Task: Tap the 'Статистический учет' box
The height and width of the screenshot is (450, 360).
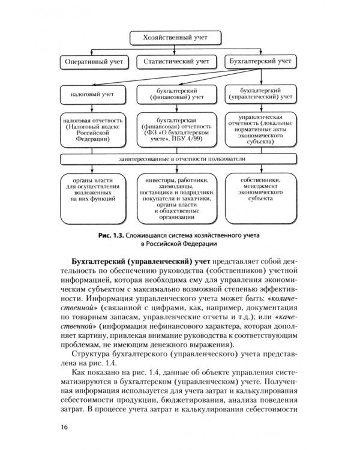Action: pyautogui.click(x=175, y=62)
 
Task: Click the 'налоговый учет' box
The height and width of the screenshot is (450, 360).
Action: pyautogui.click(x=91, y=94)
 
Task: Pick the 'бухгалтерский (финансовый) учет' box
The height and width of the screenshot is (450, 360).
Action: pyautogui.click(x=175, y=94)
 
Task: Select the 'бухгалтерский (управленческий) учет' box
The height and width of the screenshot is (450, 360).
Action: pyautogui.click(x=259, y=94)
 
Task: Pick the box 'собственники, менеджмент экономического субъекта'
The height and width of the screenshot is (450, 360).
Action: pyautogui.click(x=259, y=190)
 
